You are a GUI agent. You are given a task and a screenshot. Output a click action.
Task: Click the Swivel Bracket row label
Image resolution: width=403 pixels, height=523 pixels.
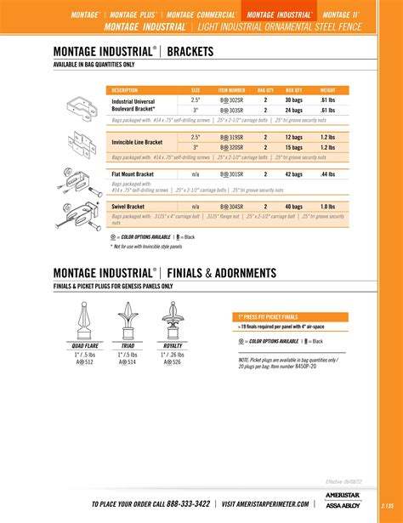(128, 207)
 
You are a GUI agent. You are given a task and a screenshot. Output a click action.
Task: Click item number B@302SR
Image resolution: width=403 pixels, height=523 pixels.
(232, 99)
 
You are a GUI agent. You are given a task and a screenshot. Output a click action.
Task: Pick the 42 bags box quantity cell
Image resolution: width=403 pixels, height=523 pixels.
(294, 174)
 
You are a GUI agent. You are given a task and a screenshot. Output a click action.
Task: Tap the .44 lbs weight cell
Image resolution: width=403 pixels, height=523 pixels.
(327, 174)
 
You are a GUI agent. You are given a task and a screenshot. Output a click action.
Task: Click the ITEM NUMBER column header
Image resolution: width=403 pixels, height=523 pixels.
(231, 89)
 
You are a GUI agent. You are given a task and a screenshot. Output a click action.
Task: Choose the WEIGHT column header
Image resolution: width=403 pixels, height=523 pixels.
(327, 89)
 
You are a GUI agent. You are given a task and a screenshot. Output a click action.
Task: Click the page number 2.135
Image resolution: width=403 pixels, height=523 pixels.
(388, 503)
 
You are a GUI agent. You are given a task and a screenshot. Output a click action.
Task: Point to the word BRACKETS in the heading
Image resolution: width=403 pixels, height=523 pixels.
(196, 52)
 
